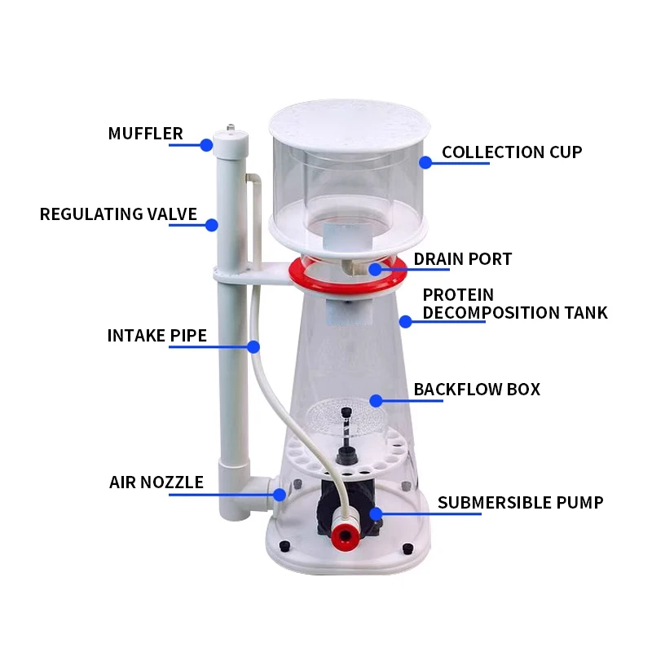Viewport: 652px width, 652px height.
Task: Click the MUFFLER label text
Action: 145,134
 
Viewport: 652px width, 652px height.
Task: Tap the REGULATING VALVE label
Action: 118,214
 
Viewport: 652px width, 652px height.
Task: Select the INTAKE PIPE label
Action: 156,336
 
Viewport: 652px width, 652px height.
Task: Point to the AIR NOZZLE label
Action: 156,482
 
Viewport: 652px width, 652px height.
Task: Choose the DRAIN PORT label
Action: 462,259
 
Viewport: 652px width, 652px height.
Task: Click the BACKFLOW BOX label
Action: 476,390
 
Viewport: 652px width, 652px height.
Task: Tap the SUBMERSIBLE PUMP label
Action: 520,502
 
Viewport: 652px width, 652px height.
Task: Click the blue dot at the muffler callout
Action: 206,146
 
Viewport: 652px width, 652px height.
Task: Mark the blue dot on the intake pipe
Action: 254,347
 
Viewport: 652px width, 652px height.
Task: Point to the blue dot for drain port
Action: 374,269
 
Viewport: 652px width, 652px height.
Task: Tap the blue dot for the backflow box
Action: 376,400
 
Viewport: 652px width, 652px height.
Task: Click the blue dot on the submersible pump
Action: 376,513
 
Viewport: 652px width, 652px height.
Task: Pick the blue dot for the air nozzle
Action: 280,494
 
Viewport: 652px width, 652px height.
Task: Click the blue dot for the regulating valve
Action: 212,225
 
